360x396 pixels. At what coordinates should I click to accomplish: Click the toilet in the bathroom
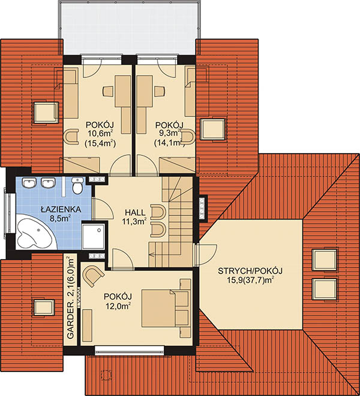pos(77,185)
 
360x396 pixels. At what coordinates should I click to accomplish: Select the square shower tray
pos(93,236)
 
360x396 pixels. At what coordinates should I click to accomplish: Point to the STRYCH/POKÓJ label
pos(250,271)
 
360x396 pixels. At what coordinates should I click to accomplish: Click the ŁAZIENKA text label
pos(61,209)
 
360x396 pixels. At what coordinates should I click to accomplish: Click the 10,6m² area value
pos(100,133)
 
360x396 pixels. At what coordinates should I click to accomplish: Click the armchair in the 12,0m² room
pos(93,276)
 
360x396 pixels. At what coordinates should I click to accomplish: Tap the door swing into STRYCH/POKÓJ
pos(206,255)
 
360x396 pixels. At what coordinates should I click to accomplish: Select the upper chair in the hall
pos(158,212)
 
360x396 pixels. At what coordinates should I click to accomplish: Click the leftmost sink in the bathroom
pos(29,182)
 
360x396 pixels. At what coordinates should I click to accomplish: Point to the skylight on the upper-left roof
pos(46,112)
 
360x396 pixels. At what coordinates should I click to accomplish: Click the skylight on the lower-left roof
pos(44,307)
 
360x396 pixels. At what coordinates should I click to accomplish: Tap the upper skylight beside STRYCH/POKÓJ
pos(325,260)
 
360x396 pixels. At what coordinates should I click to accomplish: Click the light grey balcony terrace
pos(129,28)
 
